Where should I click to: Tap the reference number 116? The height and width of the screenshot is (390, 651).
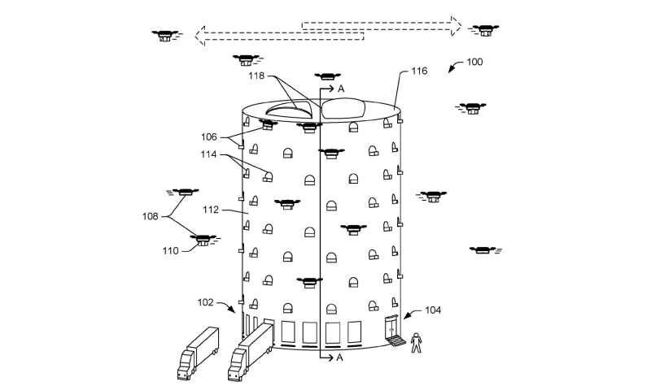pos(419,72)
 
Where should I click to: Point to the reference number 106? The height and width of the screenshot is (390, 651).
pos(209,136)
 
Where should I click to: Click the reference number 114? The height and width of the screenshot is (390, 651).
pos(210,154)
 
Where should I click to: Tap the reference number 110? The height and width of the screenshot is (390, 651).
pos(170,251)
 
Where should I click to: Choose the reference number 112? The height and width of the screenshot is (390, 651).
pos(211,210)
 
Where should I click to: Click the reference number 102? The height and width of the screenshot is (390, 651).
pos(205,303)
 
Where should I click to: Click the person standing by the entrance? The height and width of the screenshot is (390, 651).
pos(416,343)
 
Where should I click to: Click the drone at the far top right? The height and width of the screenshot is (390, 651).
pos(485,29)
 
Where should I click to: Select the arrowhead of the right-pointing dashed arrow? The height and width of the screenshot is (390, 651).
pos(455,24)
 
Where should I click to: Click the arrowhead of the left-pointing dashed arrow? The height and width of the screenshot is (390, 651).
pos(200,36)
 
